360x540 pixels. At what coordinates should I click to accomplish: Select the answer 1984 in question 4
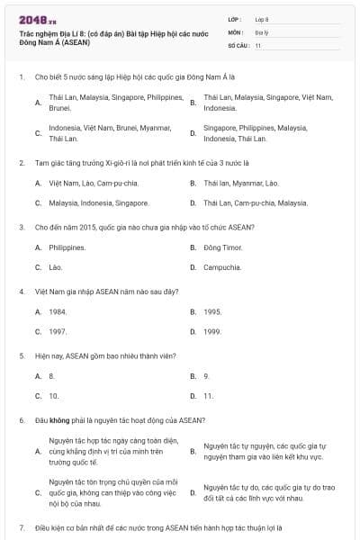(x=58, y=311)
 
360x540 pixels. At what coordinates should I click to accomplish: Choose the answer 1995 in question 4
(x=212, y=311)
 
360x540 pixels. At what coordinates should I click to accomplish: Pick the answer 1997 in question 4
(x=58, y=331)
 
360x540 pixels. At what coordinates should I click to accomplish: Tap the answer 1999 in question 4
(x=212, y=331)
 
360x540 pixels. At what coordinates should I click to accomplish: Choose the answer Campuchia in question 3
(x=221, y=267)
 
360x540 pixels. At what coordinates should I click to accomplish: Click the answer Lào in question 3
(x=56, y=267)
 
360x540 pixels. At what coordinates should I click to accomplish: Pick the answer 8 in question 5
(x=52, y=375)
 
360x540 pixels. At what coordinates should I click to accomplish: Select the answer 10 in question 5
(x=54, y=396)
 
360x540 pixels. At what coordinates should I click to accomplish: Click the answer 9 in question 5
(x=206, y=375)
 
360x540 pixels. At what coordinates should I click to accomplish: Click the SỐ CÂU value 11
(x=258, y=44)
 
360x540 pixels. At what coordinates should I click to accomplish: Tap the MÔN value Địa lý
(x=262, y=31)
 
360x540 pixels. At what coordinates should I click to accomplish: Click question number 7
(x=22, y=526)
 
